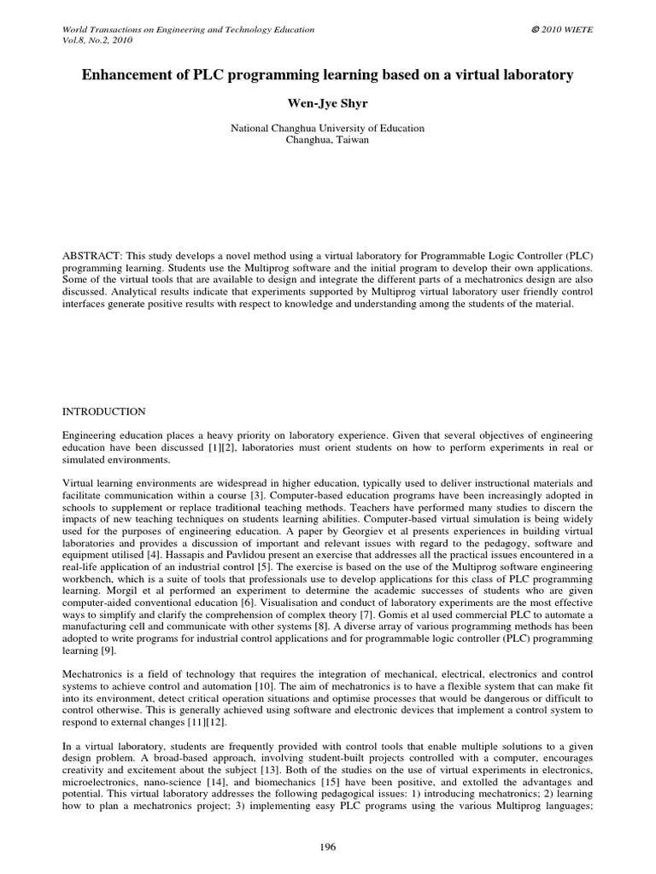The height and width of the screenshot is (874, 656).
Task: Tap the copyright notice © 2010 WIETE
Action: click(x=562, y=30)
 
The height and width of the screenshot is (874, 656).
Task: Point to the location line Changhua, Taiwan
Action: click(x=327, y=140)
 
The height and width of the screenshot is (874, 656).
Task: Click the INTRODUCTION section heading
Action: click(x=104, y=411)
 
